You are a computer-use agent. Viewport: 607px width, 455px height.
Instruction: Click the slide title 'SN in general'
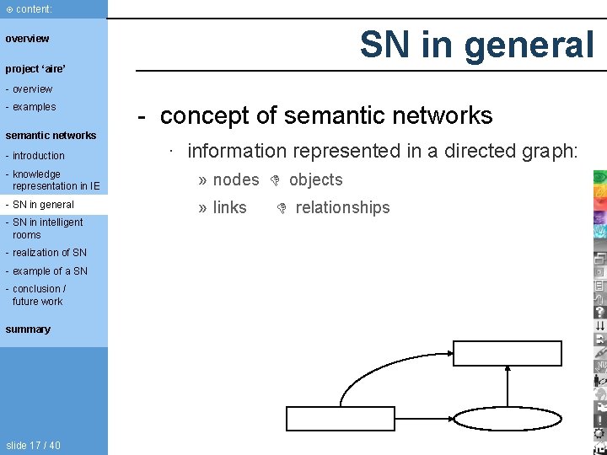(477, 45)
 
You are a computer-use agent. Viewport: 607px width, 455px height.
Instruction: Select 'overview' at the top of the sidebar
(28, 39)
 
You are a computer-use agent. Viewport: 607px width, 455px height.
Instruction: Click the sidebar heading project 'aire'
(35, 68)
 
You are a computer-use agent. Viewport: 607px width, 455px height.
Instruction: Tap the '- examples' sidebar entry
(30, 107)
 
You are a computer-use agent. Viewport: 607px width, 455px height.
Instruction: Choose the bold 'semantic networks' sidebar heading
(51, 135)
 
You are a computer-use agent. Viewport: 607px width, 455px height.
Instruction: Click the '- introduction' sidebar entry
(35, 156)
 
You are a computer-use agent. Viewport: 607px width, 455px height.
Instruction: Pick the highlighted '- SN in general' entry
(40, 205)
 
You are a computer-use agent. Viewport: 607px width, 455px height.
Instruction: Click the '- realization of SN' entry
(46, 253)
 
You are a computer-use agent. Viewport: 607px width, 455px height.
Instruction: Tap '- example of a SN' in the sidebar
(46, 271)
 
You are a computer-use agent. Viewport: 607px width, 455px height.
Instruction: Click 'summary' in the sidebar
(28, 329)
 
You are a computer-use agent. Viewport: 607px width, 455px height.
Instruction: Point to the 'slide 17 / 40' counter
(33, 446)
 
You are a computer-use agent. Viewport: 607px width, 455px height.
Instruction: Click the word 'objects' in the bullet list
(315, 179)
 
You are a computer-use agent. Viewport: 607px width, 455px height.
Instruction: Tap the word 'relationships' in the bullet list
(342, 207)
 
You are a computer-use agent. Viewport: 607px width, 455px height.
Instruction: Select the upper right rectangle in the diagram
(508, 354)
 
